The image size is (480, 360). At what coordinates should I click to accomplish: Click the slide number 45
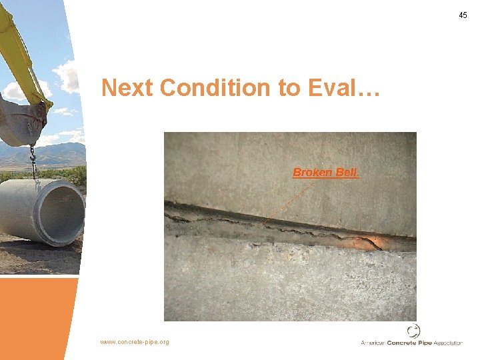click(x=463, y=15)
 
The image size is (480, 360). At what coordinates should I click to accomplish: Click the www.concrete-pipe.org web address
click(x=135, y=342)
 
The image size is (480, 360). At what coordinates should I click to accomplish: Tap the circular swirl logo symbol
click(x=414, y=331)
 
